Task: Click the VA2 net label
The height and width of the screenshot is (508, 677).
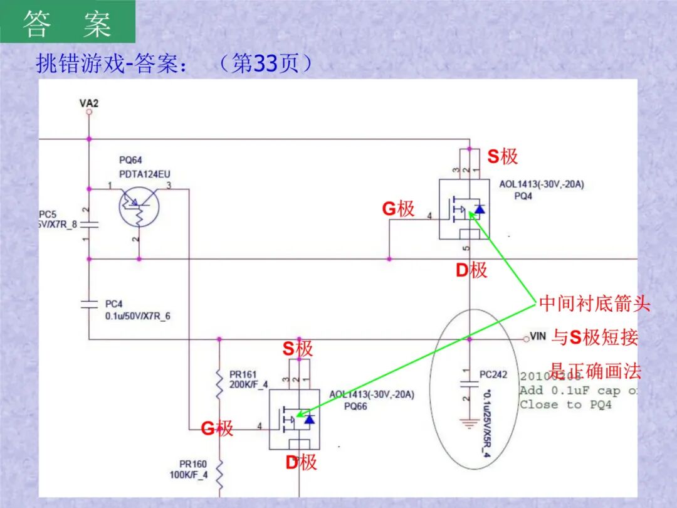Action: click(89, 102)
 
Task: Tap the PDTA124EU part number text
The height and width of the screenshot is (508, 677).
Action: click(144, 174)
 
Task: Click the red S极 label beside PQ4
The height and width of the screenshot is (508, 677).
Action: click(503, 156)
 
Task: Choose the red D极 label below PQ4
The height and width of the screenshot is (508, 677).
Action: click(471, 270)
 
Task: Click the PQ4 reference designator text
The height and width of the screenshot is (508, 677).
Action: click(523, 196)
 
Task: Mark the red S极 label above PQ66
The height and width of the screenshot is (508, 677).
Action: click(297, 349)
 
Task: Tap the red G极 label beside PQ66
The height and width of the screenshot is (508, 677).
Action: click(217, 429)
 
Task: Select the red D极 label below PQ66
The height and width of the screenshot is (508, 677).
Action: click(302, 463)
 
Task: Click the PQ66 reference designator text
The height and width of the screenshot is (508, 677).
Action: click(355, 406)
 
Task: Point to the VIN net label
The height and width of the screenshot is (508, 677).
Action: click(538, 337)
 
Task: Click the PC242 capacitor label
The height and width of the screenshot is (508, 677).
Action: click(493, 374)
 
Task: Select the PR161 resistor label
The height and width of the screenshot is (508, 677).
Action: click(243, 374)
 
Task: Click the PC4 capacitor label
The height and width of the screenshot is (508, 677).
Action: click(115, 304)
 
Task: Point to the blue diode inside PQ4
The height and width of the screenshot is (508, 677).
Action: click(479, 209)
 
